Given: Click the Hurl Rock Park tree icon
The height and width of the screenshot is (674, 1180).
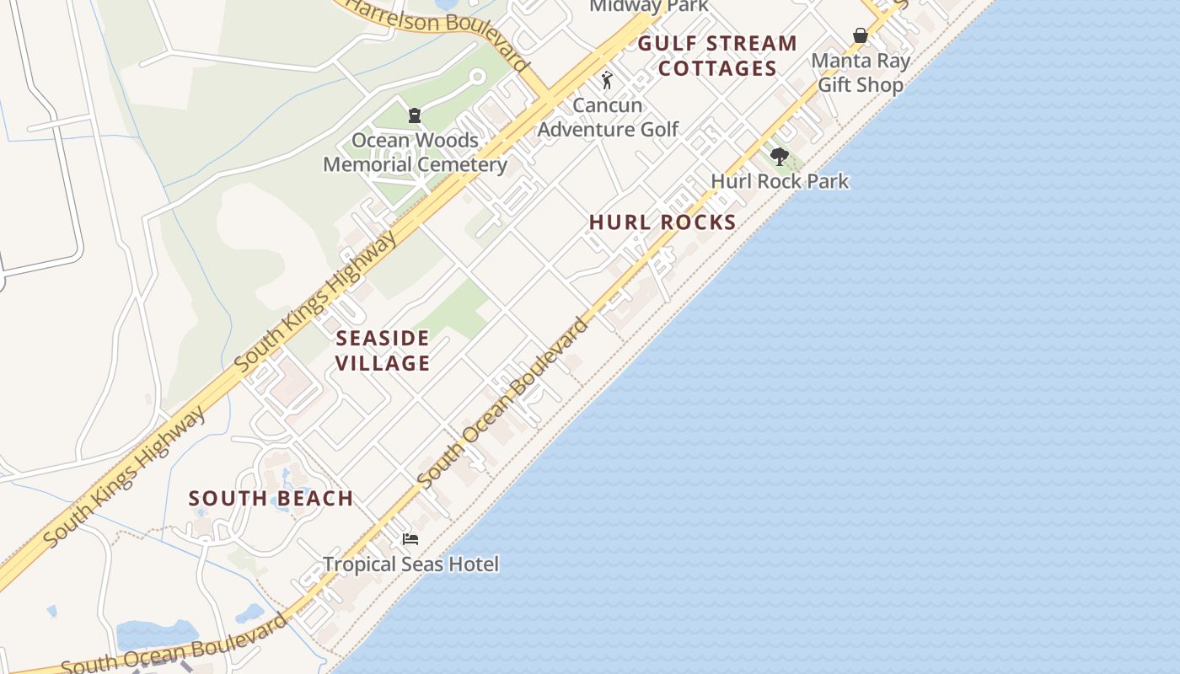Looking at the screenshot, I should pos(779,156).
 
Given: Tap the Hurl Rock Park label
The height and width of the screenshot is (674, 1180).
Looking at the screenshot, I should pos(780,181).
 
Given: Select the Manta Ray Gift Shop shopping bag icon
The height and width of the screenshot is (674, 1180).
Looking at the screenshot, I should pos(860,35).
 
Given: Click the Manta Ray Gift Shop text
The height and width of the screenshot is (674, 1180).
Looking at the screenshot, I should pos(861,73).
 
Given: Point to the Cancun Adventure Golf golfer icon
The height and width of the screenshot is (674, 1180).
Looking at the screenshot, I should pos(607,81).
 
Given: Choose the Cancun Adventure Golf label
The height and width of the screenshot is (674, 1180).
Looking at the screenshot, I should pos(608,117).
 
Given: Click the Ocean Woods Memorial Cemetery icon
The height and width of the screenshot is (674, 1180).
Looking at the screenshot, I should pos(414,115).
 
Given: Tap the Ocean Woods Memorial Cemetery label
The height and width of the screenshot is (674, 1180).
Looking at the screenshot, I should pos(415,152).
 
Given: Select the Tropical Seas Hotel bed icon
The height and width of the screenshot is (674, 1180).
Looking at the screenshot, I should pos(410,539).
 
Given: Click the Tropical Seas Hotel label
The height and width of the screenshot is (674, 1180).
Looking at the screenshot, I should pos(410,564).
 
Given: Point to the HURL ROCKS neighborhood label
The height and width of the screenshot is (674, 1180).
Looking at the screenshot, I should pos(662,222).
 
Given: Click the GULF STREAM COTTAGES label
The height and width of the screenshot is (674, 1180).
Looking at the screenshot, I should pos(717,56).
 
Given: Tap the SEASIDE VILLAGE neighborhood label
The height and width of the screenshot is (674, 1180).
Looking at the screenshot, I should pos(383,350).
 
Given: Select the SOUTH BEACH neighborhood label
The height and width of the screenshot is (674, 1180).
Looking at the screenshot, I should pos(271,498).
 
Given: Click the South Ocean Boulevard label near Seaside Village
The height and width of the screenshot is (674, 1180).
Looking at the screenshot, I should pos(503,402).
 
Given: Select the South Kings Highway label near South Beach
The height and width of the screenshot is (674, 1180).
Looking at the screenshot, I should pos(124,477).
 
